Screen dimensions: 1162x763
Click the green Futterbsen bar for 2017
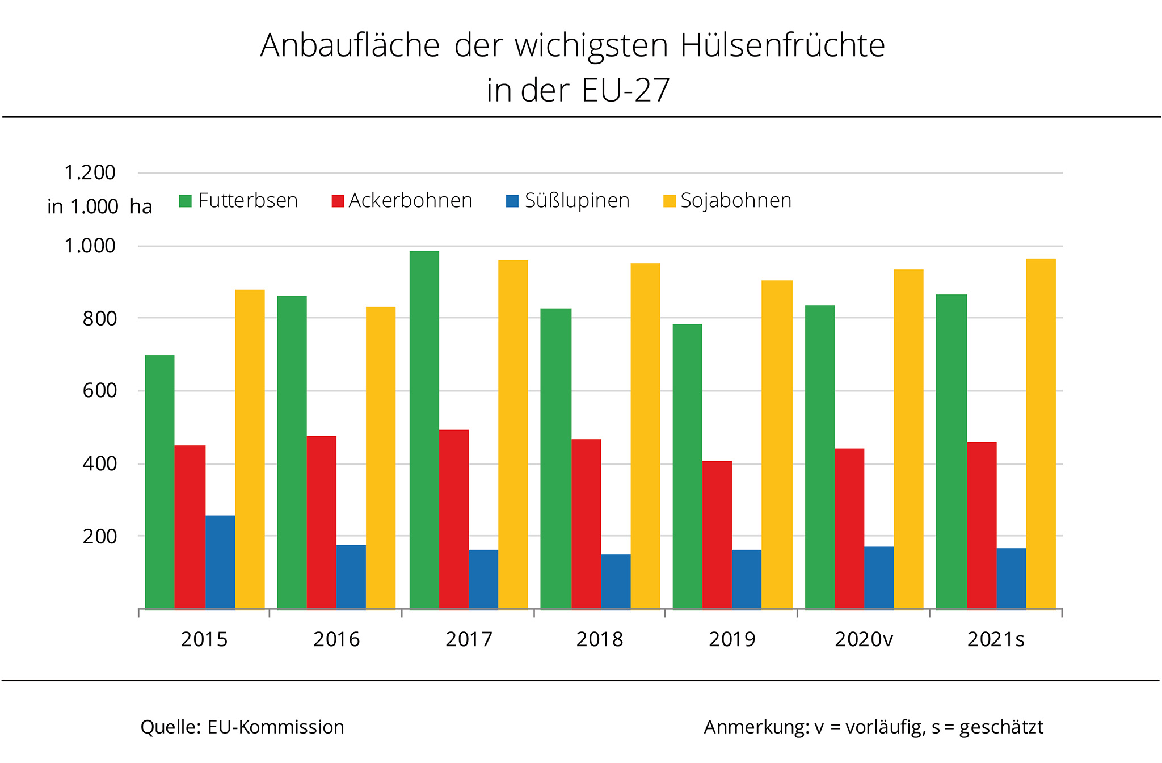point(424,430)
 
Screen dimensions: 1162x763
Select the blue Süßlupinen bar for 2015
point(220,562)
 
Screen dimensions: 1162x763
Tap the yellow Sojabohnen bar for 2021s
point(1041,434)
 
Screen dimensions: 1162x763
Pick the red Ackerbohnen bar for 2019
point(717,535)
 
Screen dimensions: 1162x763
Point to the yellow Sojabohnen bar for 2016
point(381,458)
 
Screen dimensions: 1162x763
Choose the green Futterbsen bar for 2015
point(160,482)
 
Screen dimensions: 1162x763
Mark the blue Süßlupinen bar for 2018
point(616,581)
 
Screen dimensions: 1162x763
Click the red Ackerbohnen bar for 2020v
point(849,529)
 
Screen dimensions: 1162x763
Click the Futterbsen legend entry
point(238,201)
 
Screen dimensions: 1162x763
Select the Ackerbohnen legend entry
point(402,201)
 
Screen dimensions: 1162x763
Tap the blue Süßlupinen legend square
point(512,201)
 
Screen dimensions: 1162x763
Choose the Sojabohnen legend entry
point(727,201)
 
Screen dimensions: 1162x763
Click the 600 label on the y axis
point(99,390)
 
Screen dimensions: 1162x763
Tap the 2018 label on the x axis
point(600,639)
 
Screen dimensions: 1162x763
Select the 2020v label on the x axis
point(864,639)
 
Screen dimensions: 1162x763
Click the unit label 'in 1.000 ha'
point(100,206)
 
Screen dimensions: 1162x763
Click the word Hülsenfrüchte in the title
point(783,45)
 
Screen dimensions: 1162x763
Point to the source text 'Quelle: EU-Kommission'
point(242,727)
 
